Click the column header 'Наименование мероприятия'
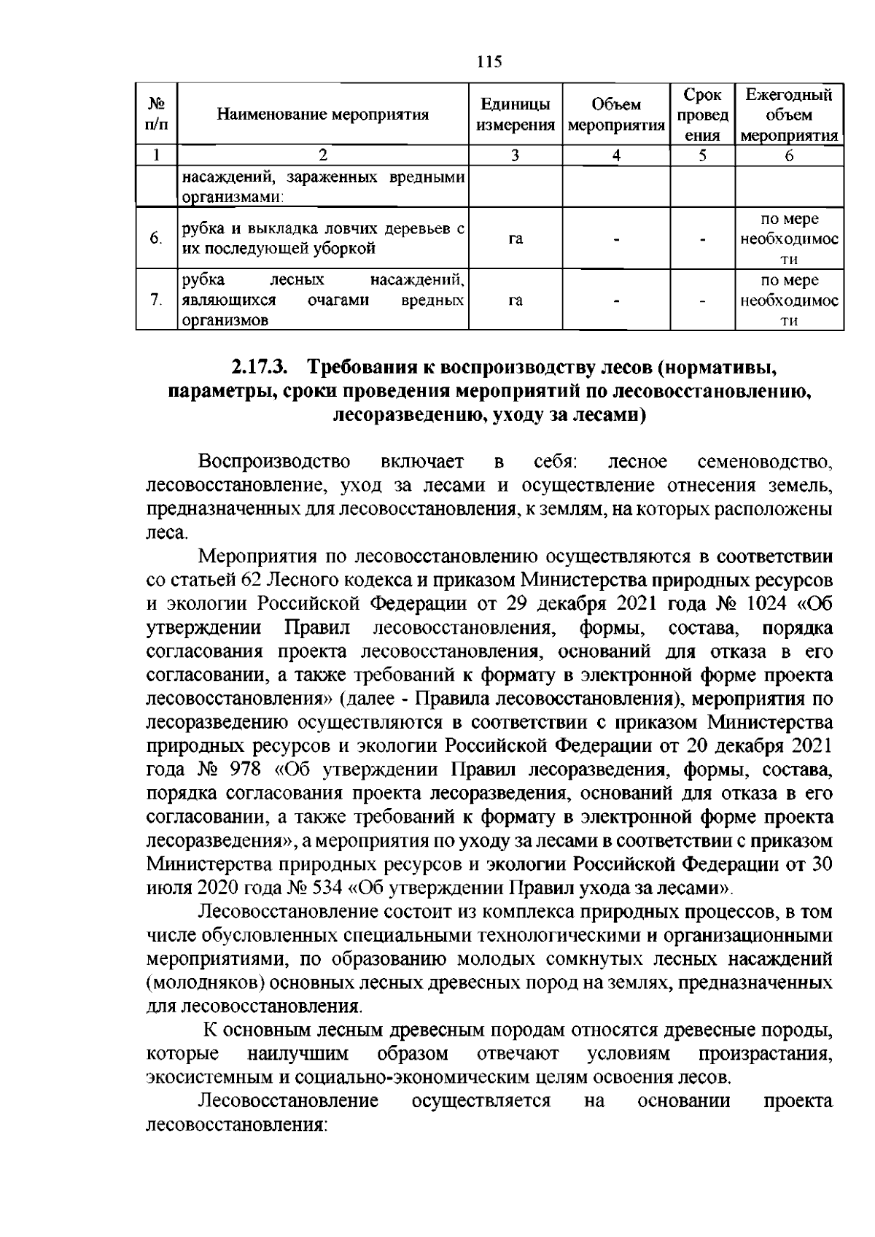point(323,115)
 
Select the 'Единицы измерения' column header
point(516,115)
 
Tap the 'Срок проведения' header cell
point(702,115)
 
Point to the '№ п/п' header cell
point(157,115)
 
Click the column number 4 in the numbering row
point(616,155)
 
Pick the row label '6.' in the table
point(155,239)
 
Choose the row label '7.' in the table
point(155,300)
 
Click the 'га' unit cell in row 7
point(516,300)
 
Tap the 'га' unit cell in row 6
point(516,239)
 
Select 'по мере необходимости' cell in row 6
point(789,239)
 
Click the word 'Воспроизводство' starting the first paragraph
point(274,462)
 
